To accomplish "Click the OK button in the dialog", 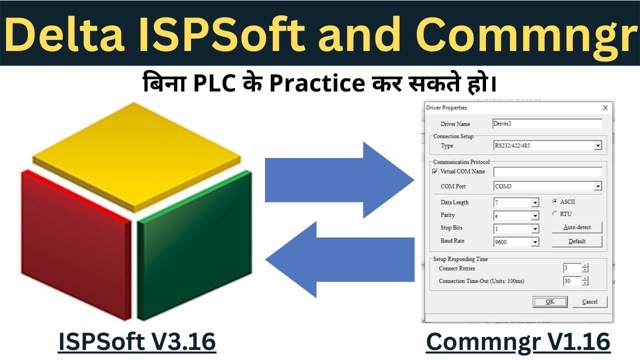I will pyautogui.click(x=550, y=301).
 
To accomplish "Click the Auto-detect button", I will pyautogui.click(x=577, y=227).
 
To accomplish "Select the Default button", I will pyautogui.click(x=577, y=241).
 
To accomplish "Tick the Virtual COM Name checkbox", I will pyautogui.click(x=434, y=171).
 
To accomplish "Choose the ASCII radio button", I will pyautogui.click(x=555, y=201).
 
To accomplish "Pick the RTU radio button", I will pyautogui.click(x=555, y=214).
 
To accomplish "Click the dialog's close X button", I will pyautogui.click(x=605, y=107).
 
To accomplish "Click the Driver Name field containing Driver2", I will pyautogui.click(x=547, y=123).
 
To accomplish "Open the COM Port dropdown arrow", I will pyautogui.click(x=597, y=186).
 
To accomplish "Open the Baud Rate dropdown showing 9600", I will pyautogui.click(x=535, y=242).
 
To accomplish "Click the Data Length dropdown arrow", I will pyautogui.click(x=535, y=203).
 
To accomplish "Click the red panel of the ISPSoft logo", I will pyautogui.click(x=75, y=240).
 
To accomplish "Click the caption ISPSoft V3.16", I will pyautogui.click(x=137, y=342).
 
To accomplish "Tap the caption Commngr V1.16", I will pyautogui.click(x=518, y=342).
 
